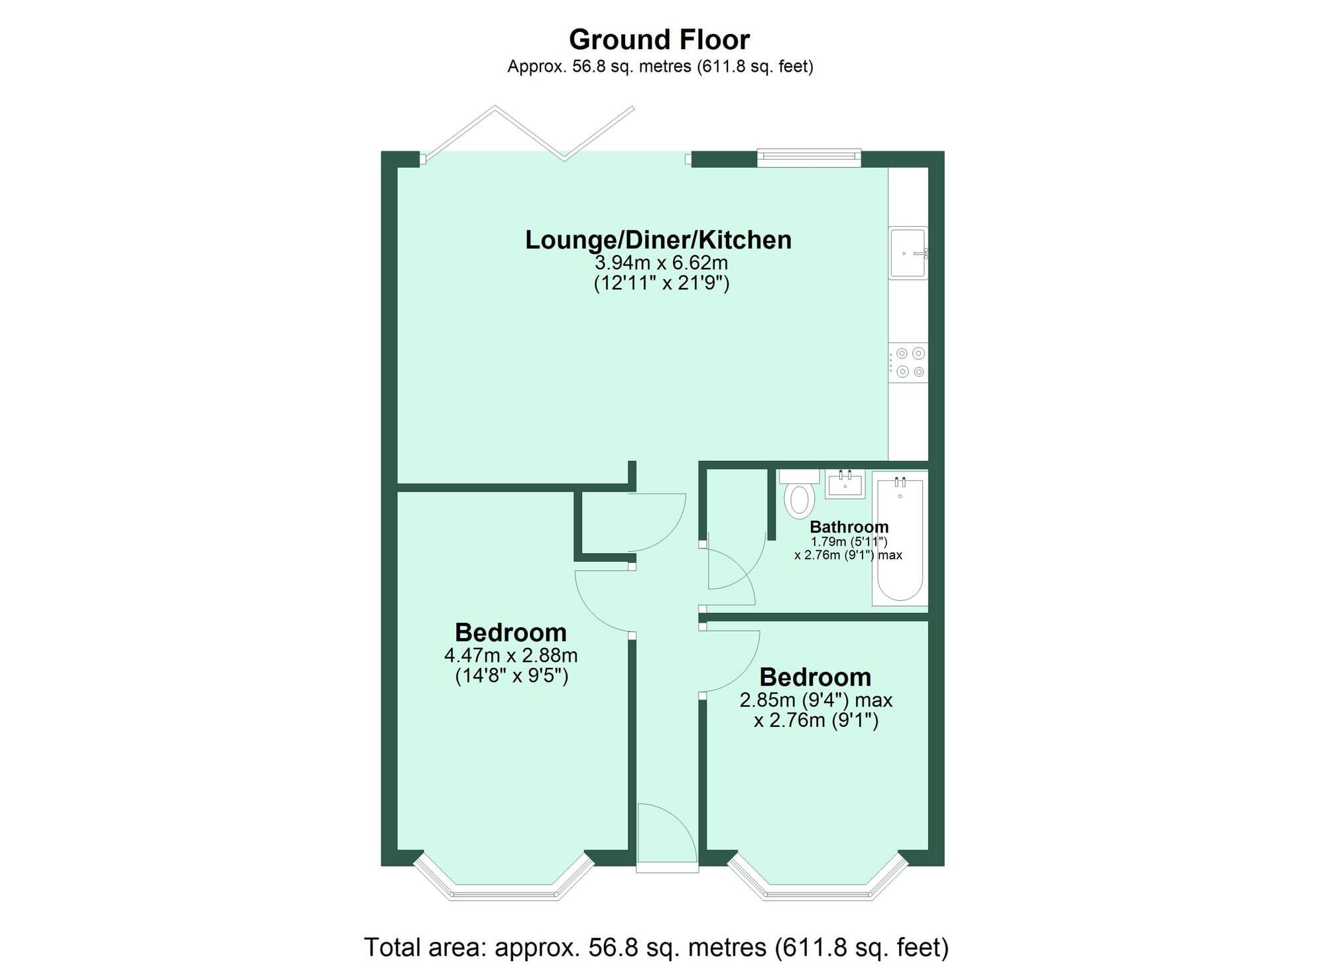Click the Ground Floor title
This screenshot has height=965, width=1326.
[x=659, y=40]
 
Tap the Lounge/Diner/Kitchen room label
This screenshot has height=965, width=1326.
[x=658, y=240]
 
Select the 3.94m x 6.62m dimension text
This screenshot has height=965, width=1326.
[x=661, y=263]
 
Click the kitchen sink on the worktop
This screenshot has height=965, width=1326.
[x=908, y=253]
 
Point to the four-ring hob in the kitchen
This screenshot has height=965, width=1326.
[x=909, y=362]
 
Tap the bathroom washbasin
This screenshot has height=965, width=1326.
[x=845, y=484]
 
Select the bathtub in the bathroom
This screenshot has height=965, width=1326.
[x=900, y=537]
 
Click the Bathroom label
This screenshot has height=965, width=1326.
[x=849, y=527]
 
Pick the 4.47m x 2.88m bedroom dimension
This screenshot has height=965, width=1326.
[x=511, y=656]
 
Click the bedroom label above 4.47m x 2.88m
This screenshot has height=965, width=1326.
[x=511, y=632]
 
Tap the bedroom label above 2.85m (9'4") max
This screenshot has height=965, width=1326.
[x=815, y=677]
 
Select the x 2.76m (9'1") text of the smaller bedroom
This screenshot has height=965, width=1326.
[x=816, y=720]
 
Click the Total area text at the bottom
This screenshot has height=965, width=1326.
[x=656, y=946]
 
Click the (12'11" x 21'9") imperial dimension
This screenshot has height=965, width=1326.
[x=661, y=284]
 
